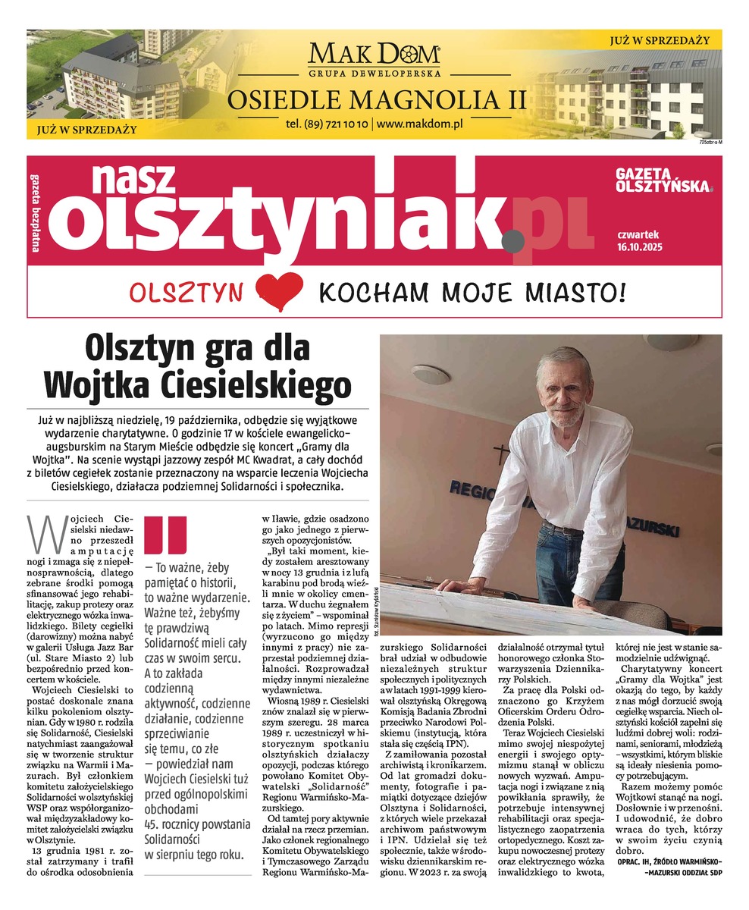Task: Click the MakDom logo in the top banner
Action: coord(374,55)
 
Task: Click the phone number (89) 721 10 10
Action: coord(327,123)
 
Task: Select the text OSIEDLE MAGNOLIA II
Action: coord(377,100)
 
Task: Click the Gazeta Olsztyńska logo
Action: coord(664,180)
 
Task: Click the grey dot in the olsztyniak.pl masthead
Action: coord(512,240)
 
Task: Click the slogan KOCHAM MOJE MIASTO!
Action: coord(472,290)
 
